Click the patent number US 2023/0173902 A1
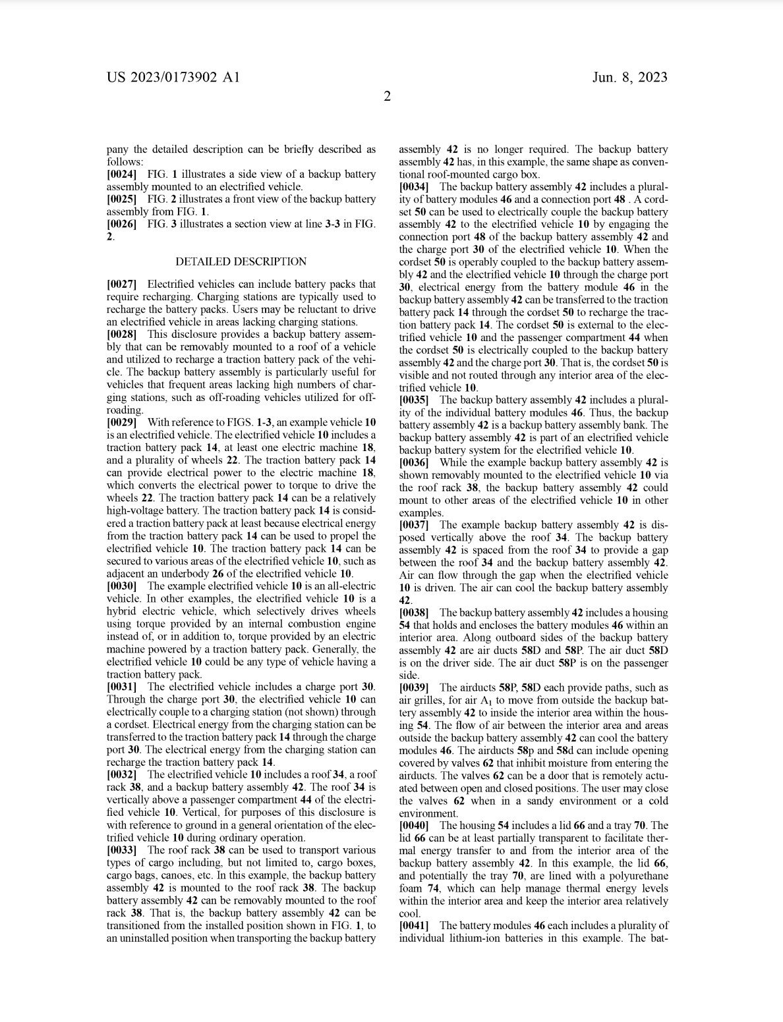pyautogui.click(x=173, y=78)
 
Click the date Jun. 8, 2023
pyautogui.click(x=629, y=78)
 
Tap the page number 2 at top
pyautogui.click(x=388, y=97)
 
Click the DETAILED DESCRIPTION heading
pyautogui.click(x=241, y=261)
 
